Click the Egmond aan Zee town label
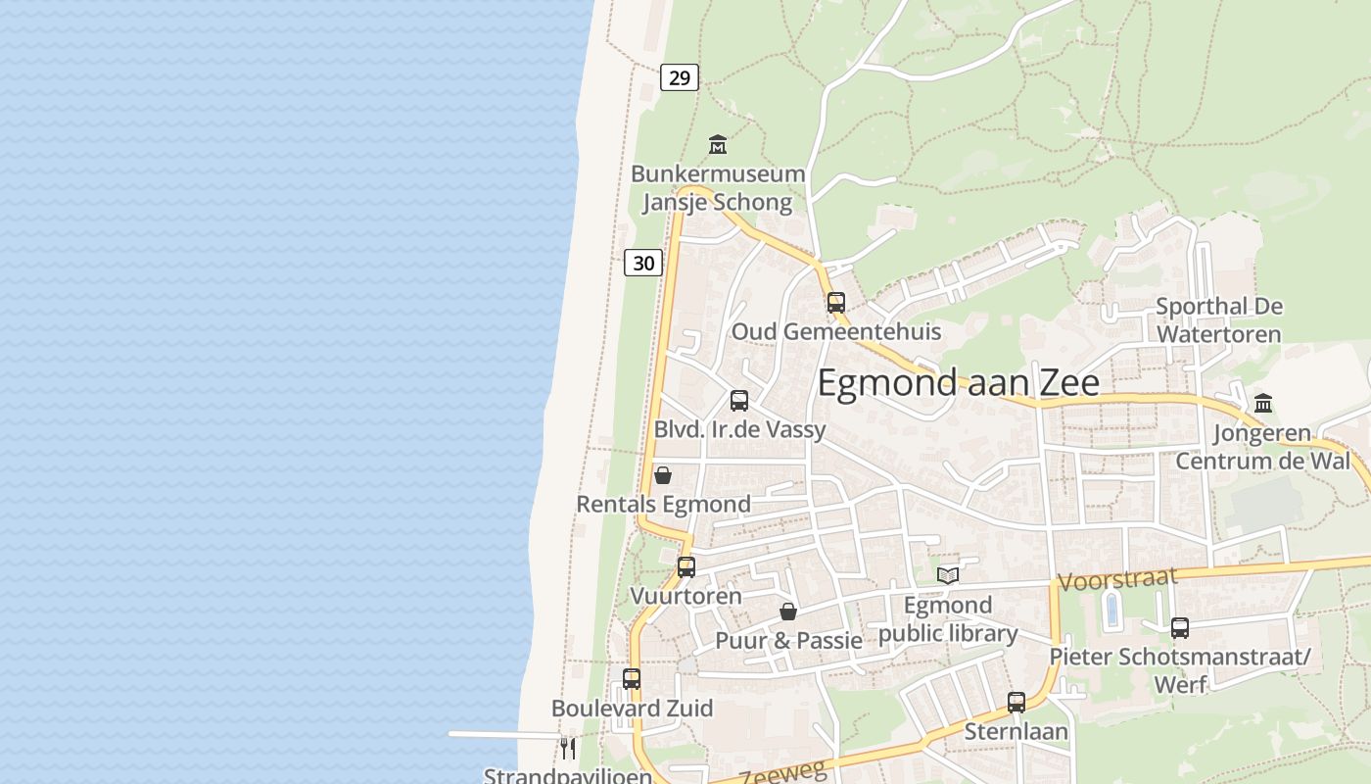tap(958, 383)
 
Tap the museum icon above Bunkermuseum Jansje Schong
tap(718, 145)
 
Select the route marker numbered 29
tap(679, 77)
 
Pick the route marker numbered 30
tap(643, 263)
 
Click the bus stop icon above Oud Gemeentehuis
tap(835, 303)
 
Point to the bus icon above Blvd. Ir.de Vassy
tap(739, 401)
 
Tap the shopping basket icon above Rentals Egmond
tap(663, 475)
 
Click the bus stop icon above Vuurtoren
tap(686, 567)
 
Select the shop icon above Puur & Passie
tap(788, 612)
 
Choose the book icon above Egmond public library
tap(947, 575)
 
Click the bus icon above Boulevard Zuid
tap(632, 679)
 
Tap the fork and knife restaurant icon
tap(568, 749)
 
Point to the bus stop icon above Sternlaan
tap(1016, 703)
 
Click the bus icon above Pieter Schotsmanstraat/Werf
tap(1180, 628)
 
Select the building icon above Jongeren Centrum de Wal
tap(1263, 404)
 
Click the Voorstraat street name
tap(1117, 579)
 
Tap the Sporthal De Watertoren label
tap(1218, 320)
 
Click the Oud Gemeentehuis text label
tap(836, 331)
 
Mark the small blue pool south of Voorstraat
tap(1111, 610)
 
